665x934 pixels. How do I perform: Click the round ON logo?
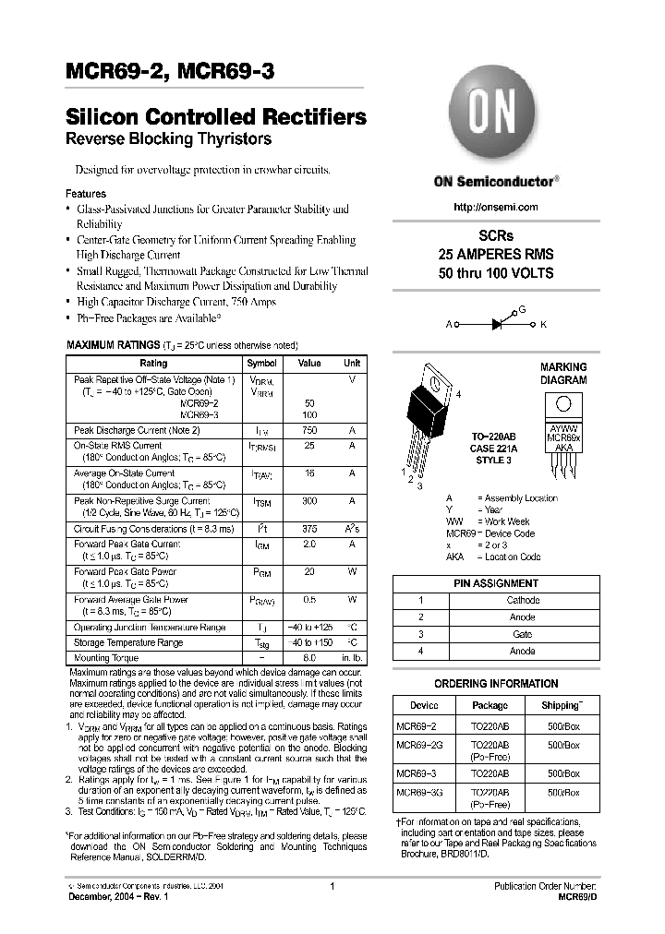click(x=495, y=115)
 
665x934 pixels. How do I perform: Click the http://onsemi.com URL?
click(x=496, y=207)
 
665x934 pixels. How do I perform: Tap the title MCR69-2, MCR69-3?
click(x=169, y=73)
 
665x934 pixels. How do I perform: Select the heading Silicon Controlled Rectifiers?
click(x=215, y=118)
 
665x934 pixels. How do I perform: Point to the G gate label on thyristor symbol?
click(x=521, y=310)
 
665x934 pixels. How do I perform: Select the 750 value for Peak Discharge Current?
click(x=309, y=431)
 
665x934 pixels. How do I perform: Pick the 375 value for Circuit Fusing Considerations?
click(x=309, y=529)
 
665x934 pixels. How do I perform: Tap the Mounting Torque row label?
click(x=105, y=658)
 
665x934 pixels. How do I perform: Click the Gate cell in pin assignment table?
click(x=522, y=634)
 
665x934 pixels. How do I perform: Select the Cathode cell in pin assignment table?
click(x=523, y=600)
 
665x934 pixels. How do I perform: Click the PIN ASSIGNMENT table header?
click(x=496, y=583)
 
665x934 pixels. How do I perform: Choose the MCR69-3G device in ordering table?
click(x=417, y=792)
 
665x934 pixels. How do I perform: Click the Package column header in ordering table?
click(x=490, y=705)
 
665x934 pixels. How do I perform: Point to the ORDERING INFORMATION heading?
click(x=496, y=684)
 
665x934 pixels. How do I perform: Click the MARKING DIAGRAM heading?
click(x=563, y=373)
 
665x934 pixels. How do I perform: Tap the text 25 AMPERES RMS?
click(x=496, y=255)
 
